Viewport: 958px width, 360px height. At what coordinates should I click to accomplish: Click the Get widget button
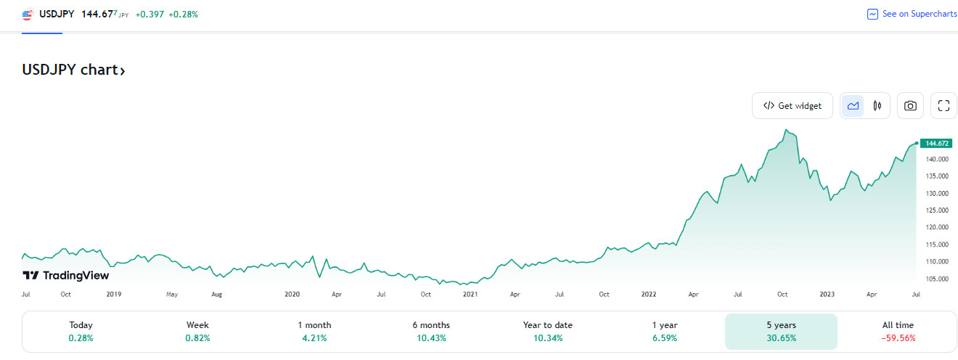793,106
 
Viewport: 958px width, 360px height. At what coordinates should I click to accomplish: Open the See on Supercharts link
912,14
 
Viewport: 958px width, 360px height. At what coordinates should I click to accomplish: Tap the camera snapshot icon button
910,106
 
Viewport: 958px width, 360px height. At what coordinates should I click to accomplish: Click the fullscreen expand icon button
943,106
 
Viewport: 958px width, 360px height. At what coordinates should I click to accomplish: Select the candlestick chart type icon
877,106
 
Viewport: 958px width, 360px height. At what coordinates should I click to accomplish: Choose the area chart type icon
853,106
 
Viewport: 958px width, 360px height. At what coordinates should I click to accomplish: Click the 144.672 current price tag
938,143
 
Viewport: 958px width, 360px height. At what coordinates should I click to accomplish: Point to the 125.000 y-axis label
938,210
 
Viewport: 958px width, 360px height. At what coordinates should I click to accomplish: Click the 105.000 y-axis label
938,279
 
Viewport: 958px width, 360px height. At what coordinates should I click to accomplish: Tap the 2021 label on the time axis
470,295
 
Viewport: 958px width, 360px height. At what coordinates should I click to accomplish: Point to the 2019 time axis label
114,295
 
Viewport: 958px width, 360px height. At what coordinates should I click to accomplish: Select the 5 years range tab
781,332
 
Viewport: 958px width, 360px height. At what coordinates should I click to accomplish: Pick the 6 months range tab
430,332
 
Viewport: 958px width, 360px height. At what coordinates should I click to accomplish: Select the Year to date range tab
548,332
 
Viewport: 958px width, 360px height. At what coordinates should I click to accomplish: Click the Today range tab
81,332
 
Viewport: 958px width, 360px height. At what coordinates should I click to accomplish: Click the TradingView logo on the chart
66,275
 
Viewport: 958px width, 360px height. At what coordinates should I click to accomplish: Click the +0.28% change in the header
183,14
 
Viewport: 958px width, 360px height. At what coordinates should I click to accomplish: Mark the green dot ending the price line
916,143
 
